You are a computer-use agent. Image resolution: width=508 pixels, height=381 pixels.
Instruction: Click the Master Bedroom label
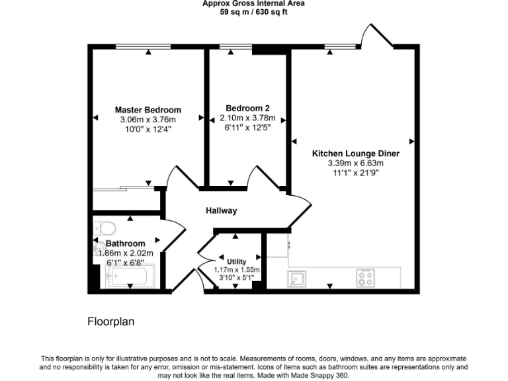(148, 110)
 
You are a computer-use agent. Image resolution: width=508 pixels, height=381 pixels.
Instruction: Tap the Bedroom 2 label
(247, 108)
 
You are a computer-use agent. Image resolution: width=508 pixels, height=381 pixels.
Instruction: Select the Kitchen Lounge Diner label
(356, 153)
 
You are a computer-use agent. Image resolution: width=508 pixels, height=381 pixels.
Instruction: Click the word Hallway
(221, 211)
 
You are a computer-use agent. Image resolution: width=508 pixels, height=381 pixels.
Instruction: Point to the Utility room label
(236, 261)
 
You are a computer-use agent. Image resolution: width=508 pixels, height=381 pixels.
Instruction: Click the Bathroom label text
(125, 243)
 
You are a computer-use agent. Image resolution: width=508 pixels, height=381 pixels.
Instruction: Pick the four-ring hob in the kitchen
(365, 277)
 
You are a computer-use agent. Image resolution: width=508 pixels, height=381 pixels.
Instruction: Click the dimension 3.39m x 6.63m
(356, 163)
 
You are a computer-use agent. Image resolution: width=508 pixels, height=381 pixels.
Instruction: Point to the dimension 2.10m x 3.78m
(247, 118)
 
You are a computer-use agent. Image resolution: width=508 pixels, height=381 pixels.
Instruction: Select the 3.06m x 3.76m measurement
(148, 120)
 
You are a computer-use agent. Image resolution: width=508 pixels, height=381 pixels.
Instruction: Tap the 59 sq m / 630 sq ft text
(253, 12)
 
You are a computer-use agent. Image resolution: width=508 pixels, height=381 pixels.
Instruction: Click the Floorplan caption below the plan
(111, 322)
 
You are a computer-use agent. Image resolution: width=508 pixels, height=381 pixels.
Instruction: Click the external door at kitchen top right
(376, 36)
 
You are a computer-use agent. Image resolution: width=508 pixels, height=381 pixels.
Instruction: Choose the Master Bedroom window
(144, 46)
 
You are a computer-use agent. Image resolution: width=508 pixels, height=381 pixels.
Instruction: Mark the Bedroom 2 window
(231, 46)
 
